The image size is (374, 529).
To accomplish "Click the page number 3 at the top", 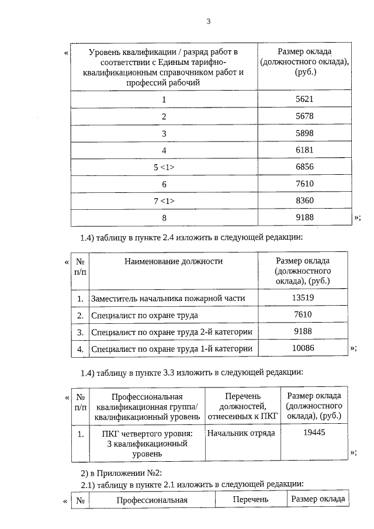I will [x=208, y=22].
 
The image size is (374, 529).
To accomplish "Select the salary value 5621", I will [x=304, y=99].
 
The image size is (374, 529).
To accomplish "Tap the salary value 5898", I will [x=304, y=133].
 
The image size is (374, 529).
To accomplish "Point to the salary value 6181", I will [x=304, y=150].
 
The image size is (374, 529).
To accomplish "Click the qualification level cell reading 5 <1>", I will [x=164, y=167].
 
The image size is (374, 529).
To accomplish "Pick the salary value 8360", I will [x=304, y=200].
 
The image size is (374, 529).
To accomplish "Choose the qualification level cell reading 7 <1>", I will [x=164, y=201].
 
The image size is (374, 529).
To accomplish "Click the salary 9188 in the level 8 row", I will [x=304, y=217].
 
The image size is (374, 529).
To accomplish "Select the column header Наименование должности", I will [x=174, y=261].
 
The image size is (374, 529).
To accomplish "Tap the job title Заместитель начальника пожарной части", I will [x=168, y=299].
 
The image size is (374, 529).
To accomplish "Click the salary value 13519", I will [x=303, y=298].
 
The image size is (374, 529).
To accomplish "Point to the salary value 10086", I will [x=303, y=348].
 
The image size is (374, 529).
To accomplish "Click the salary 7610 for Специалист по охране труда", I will [x=303, y=315].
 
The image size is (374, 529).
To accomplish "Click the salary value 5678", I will [x=304, y=116].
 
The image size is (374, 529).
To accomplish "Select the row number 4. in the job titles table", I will [x=80, y=349].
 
